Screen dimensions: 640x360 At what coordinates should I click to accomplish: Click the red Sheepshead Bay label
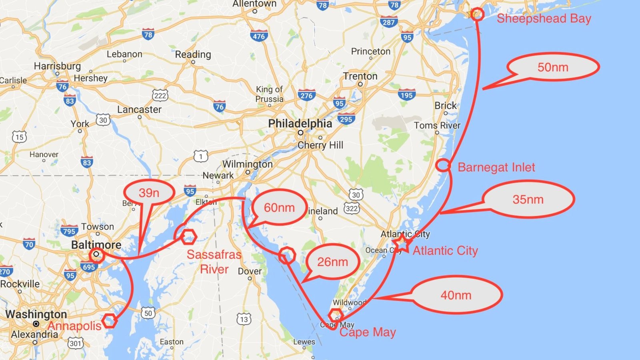pyautogui.click(x=544, y=18)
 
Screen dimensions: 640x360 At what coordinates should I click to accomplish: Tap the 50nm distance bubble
pyautogui.click(x=553, y=67)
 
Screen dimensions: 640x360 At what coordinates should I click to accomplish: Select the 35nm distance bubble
pyautogui.click(x=528, y=199)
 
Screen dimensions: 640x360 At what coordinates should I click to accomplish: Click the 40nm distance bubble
pyautogui.click(x=456, y=295)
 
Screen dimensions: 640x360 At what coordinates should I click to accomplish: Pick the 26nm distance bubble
pyautogui.click(x=332, y=262)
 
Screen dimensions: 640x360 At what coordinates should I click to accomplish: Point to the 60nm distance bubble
pyautogui.click(x=279, y=208)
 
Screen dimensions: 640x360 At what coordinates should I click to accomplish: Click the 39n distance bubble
pyautogui.click(x=149, y=193)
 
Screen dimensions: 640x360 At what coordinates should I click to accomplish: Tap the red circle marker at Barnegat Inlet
pyautogui.click(x=443, y=165)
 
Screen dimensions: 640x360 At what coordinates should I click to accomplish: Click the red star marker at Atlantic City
pyautogui.click(x=401, y=243)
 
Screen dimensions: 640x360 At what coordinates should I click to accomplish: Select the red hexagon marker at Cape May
pyautogui.click(x=336, y=314)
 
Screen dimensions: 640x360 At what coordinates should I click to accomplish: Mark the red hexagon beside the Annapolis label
pyautogui.click(x=109, y=320)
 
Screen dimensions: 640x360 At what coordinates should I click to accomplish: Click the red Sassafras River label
pyautogui.click(x=214, y=262)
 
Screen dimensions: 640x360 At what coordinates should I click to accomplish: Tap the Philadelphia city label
pyautogui.click(x=300, y=124)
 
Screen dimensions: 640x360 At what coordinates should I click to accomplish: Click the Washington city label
pyautogui.click(x=36, y=314)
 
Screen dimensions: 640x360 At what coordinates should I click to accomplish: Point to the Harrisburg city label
pyautogui.click(x=57, y=66)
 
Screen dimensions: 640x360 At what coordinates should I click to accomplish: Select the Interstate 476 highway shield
pyautogui.click(x=258, y=36)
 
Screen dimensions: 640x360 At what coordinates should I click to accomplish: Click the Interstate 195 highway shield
pyautogui.click(x=406, y=95)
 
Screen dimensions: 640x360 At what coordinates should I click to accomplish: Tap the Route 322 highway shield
pyautogui.click(x=352, y=208)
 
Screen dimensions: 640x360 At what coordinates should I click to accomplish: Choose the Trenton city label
pyautogui.click(x=360, y=76)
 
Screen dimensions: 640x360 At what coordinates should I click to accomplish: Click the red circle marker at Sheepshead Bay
pyautogui.click(x=476, y=14)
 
